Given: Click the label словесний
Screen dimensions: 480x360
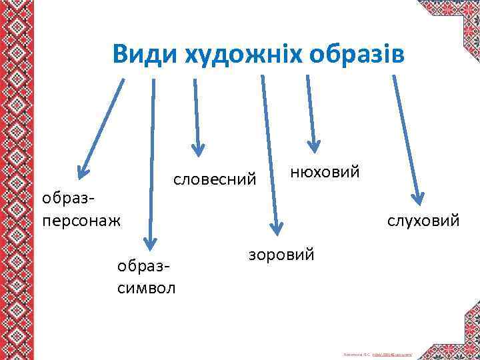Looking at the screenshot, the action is (215, 179).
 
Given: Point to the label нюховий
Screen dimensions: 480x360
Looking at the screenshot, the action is (325, 172).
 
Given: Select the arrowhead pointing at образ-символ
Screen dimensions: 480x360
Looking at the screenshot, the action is (151, 246).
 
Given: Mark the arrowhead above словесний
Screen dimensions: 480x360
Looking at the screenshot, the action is (197, 151).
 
